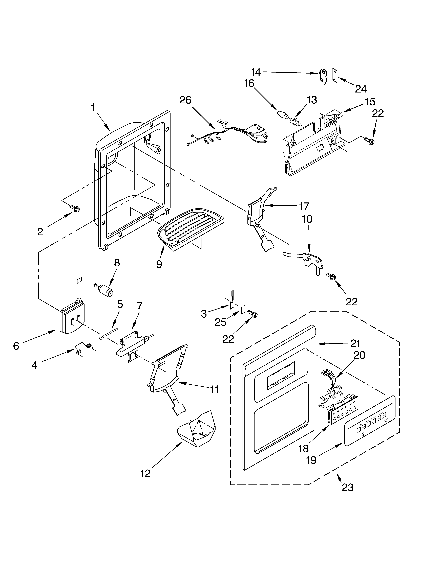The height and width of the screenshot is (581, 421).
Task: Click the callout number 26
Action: (185, 100)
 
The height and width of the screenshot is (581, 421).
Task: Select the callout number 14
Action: (256, 73)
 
